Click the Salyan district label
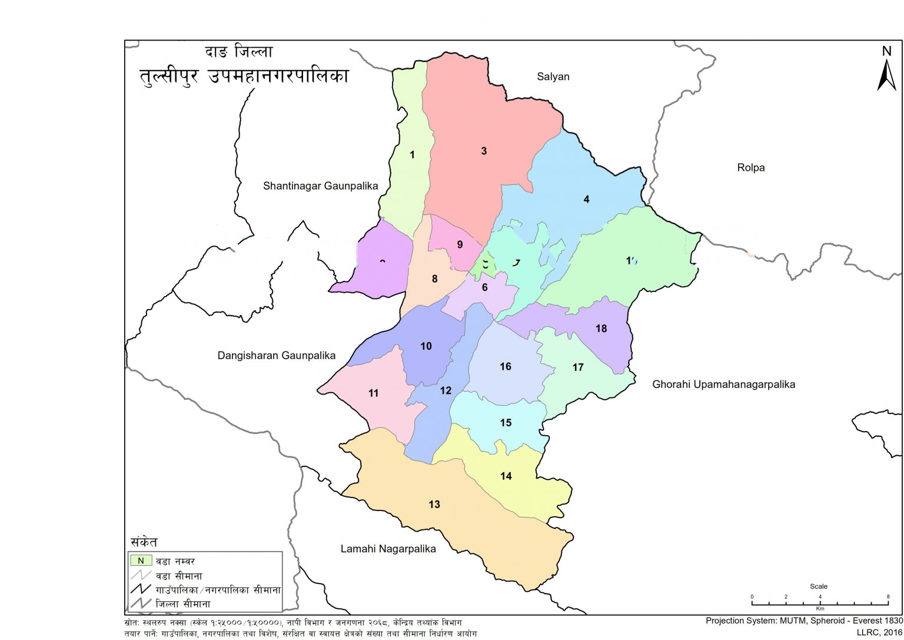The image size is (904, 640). (x=553, y=77)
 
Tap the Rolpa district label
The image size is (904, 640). (x=750, y=168)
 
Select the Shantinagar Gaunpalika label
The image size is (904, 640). (x=320, y=186)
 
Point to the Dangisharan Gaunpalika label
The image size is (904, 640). (x=276, y=356)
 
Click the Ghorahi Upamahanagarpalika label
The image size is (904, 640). (x=723, y=384)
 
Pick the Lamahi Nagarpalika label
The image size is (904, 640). (x=388, y=549)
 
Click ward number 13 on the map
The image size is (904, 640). (x=434, y=505)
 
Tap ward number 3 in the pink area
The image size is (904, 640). (x=484, y=151)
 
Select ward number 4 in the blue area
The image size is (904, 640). (x=586, y=200)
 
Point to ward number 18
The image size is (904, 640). (x=601, y=329)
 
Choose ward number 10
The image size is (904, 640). (x=426, y=346)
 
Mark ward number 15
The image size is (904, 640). (x=506, y=423)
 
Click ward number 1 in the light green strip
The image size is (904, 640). (x=412, y=155)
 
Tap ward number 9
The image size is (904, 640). (x=460, y=245)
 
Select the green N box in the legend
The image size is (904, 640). (x=141, y=561)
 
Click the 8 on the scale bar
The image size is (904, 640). (x=888, y=597)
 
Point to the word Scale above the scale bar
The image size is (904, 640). (x=818, y=586)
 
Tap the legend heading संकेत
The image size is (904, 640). (x=144, y=542)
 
